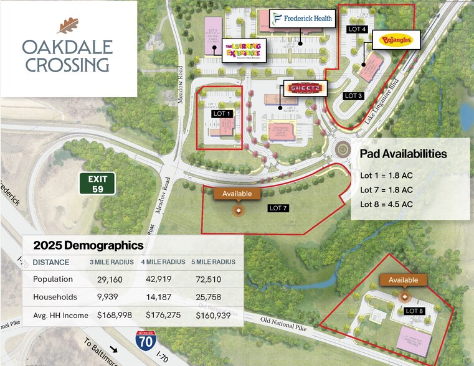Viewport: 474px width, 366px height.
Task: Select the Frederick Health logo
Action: click(302, 19)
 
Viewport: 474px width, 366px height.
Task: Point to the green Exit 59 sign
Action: click(97, 184)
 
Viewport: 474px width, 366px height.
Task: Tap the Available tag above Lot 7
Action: click(237, 194)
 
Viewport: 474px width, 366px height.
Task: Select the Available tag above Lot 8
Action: click(403, 280)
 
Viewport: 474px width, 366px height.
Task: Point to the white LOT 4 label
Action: click(357, 29)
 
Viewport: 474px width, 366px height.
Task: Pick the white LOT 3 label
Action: click(353, 95)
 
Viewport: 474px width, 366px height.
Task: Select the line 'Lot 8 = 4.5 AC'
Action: click(386, 204)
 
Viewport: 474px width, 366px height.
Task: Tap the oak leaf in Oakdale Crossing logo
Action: click(67, 26)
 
